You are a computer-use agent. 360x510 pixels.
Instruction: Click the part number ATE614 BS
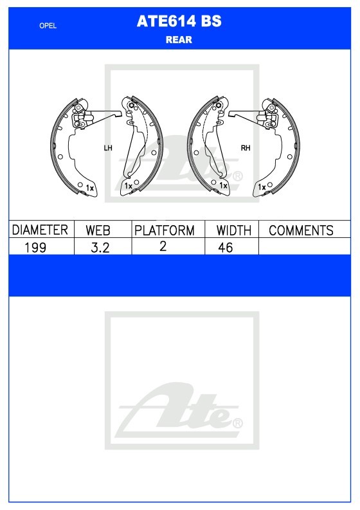pos(179,21)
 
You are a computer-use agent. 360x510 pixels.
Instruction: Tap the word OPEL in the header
pos(48,26)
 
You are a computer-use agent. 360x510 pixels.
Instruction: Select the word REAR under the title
pos(179,40)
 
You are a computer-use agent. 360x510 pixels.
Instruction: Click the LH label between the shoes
pos(108,148)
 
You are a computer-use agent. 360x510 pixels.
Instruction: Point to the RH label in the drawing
pos(246,148)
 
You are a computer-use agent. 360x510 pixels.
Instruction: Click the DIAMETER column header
pos(40,230)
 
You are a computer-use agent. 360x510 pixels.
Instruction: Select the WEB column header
pos(98,230)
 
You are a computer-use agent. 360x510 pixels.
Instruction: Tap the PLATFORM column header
pos(165,230)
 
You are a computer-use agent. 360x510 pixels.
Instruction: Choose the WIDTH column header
pos(234,230)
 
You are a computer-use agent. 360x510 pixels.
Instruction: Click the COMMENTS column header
pos(301,230)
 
